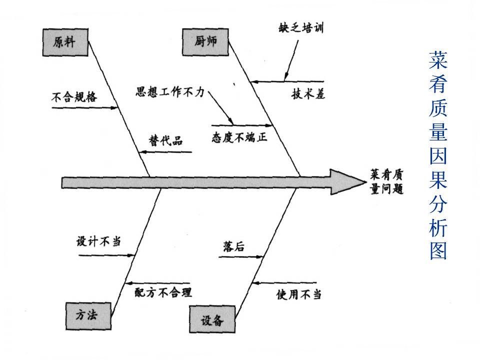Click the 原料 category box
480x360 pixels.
(x=64, y=41)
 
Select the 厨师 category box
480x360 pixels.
(x=205, y=41)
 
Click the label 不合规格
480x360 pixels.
(x=74, y=97)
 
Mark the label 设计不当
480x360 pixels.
(x=98, y=241)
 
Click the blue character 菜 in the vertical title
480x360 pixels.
(x=438, y=59)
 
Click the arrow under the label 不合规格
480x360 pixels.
(x=84, y=107)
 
